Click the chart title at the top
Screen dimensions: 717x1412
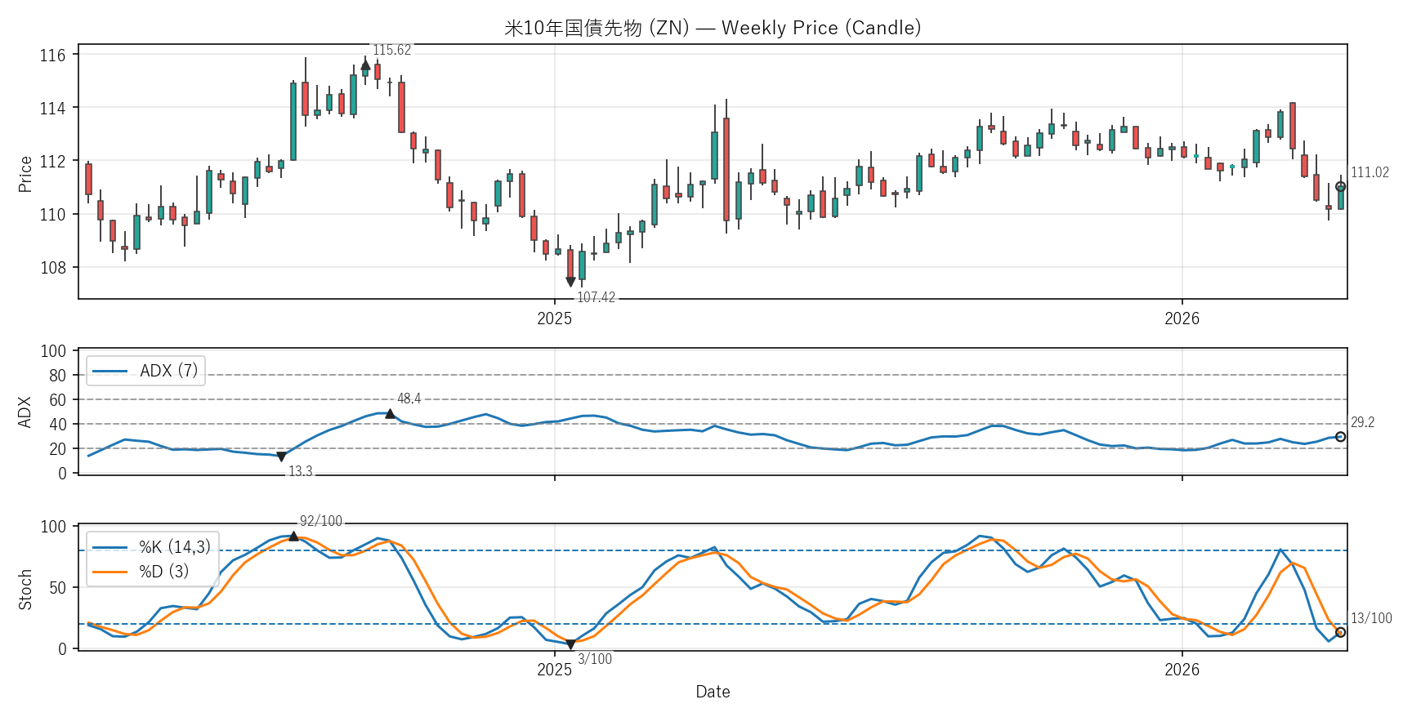click(x=713, y=28)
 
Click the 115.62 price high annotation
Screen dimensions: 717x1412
click(x=392, y=51)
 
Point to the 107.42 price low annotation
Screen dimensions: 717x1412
click(x=596, y=297)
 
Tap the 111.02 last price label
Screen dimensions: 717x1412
click(x=1370, y=172)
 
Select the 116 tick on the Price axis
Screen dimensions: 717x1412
click(x=53, y=56)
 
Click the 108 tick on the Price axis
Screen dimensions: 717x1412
click(x=53, y=268)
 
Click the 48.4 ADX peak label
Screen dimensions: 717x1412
click(x=409, y=399)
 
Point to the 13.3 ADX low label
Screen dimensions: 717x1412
click(x=300, y=471)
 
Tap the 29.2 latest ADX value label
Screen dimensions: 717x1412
click(x=1362, y=422)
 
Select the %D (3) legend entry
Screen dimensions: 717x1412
click(x=163, y=572)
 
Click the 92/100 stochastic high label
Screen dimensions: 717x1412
click(x=321, y=521)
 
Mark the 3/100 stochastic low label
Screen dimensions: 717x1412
click(x=595, y=659)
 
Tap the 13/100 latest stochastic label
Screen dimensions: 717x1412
click(x=1371, y=618)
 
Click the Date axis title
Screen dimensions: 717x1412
click(x=713, y=692)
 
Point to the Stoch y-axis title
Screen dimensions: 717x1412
click(x=25, y=590)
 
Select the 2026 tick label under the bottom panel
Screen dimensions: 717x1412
click(x=1182, y=670)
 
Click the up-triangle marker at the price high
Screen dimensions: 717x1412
click(x=365, y=65)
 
